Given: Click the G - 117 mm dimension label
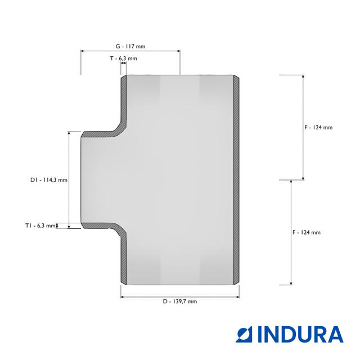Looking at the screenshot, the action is pos(130,46).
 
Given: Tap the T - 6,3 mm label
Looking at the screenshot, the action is pos(124,58).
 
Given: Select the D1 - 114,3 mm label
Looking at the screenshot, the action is pos(49,180).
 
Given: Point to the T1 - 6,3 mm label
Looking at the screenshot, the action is pos(40,226).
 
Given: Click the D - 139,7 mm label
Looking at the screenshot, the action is pos(180,301).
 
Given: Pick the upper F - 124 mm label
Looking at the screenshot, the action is pos(318,128).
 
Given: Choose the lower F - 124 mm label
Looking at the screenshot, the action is pos(307,232).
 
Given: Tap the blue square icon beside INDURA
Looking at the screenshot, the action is pos(244,334).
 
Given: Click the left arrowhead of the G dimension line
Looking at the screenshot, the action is pos(82,51).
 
